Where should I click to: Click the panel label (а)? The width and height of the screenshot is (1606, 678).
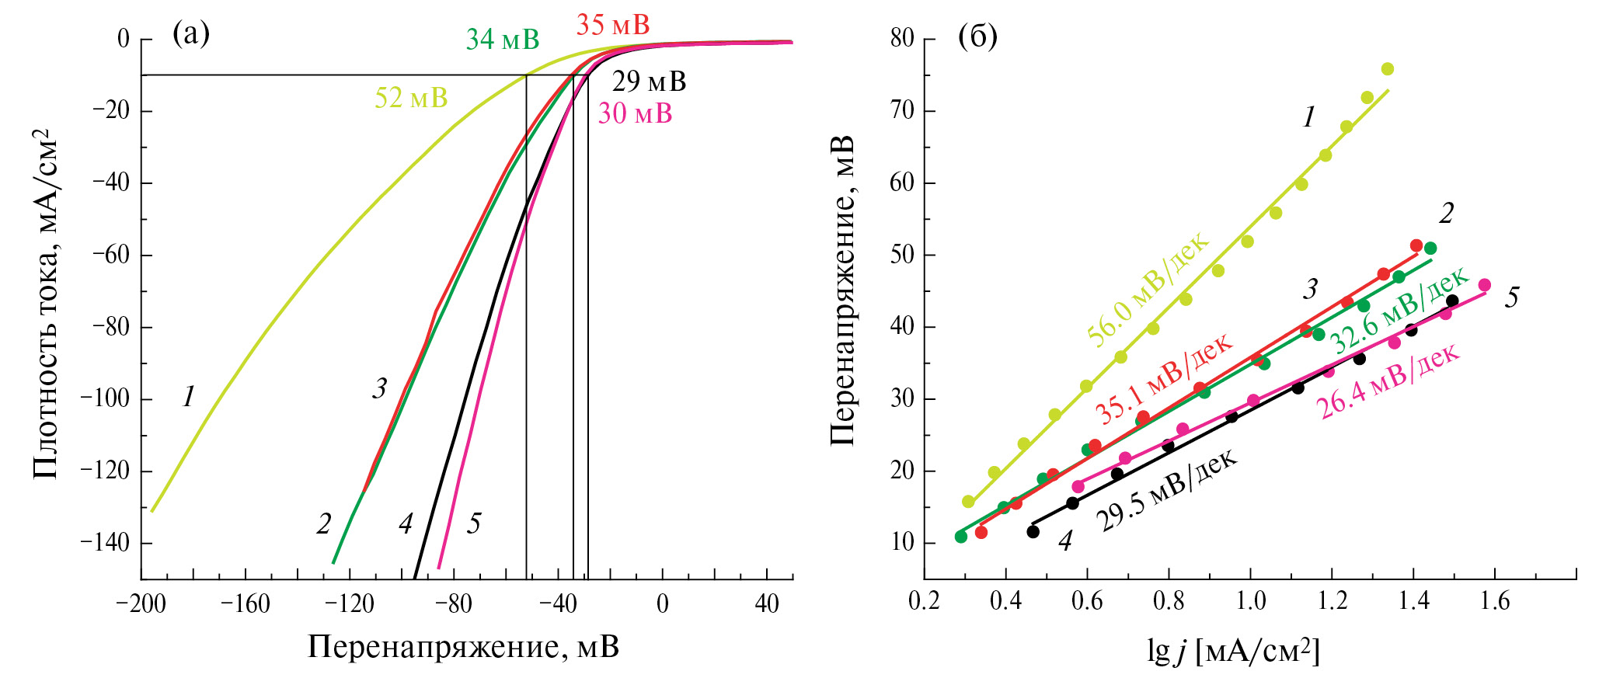(191, 34)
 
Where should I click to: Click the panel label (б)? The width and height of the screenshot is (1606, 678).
(977, 36)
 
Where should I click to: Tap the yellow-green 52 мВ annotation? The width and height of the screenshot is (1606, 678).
(411, 99)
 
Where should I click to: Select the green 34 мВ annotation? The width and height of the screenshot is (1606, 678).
(502, 40)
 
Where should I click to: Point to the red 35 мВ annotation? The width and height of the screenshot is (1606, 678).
(612, 25)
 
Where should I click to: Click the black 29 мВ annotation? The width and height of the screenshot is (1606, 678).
(649, 82)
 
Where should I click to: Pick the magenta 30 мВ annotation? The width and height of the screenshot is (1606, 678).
(635, 114)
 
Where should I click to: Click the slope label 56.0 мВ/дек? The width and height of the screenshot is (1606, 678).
(1148, 288)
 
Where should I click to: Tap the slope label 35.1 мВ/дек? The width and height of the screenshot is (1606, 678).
(1163, 378)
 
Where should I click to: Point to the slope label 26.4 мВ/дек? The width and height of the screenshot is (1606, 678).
(1389, 381)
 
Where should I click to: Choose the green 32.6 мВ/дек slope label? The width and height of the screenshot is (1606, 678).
(1399, 308)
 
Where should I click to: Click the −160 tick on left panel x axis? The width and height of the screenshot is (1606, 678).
(246, 604)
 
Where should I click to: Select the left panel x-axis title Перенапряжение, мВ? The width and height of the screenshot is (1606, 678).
(463, 646)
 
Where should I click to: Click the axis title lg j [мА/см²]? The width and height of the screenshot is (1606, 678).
(1233, 651)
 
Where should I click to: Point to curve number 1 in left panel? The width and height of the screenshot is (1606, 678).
(189, 398)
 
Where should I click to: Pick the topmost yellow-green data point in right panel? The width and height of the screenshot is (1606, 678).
(1388, 69)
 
